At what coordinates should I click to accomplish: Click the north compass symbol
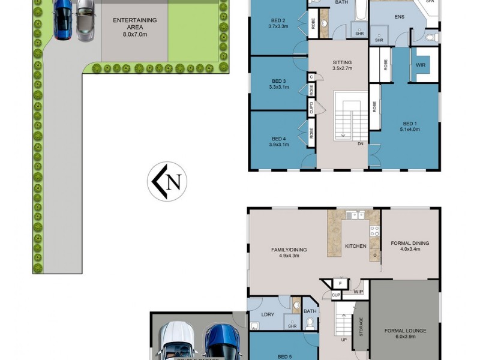point(167,182)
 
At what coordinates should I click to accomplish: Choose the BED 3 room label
point(279,81)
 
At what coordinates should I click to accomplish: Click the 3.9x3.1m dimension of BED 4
point(279,144)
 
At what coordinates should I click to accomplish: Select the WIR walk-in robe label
point(421,65)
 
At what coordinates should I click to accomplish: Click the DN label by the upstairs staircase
point(361,144)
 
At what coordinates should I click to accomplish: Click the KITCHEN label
point(355,246)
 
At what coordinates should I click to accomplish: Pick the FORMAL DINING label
point(410,243)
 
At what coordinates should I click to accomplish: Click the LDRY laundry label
point(268,314)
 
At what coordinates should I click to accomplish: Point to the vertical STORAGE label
point(361,326)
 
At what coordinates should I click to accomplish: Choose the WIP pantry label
point(358,292)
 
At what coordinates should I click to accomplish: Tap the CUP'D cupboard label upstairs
point(311,108)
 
